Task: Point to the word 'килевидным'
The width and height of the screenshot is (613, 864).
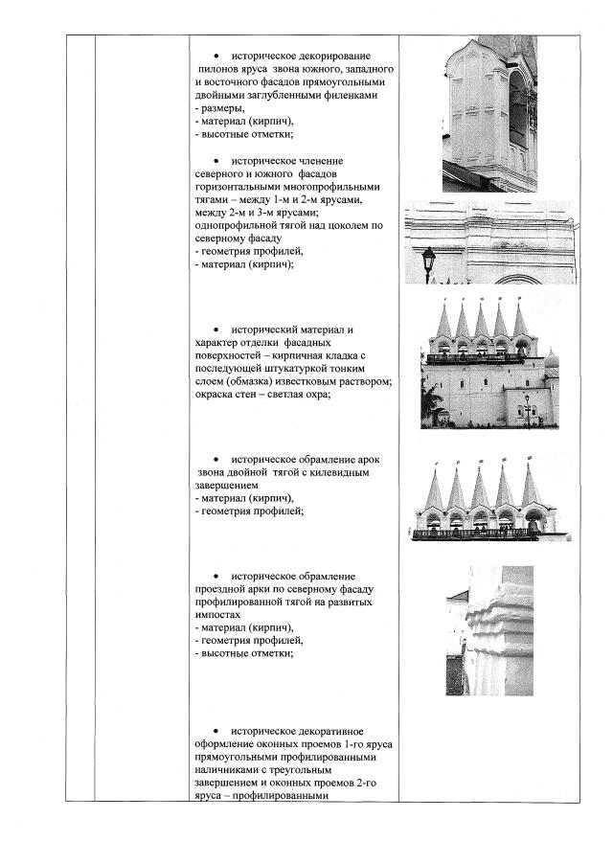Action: point(337,472)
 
